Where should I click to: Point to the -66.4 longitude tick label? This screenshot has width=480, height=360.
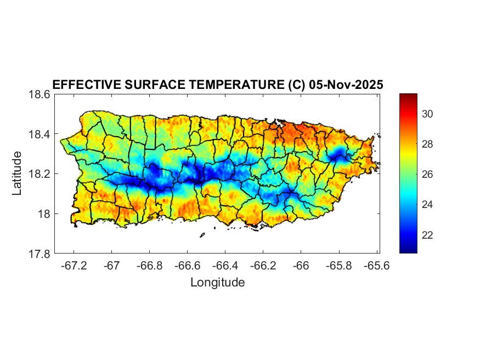[225, 266]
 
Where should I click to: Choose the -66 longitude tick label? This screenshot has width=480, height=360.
[301, 266]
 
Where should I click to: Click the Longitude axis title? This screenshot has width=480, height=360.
[217, 283]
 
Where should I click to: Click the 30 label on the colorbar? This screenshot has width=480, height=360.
[428, 114]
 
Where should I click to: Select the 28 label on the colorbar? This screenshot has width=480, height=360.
[428, 144]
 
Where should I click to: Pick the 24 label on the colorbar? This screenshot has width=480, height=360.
[428, 205]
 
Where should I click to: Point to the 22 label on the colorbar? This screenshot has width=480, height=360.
[428, 235]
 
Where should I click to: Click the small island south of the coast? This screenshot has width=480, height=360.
[202, 235]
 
